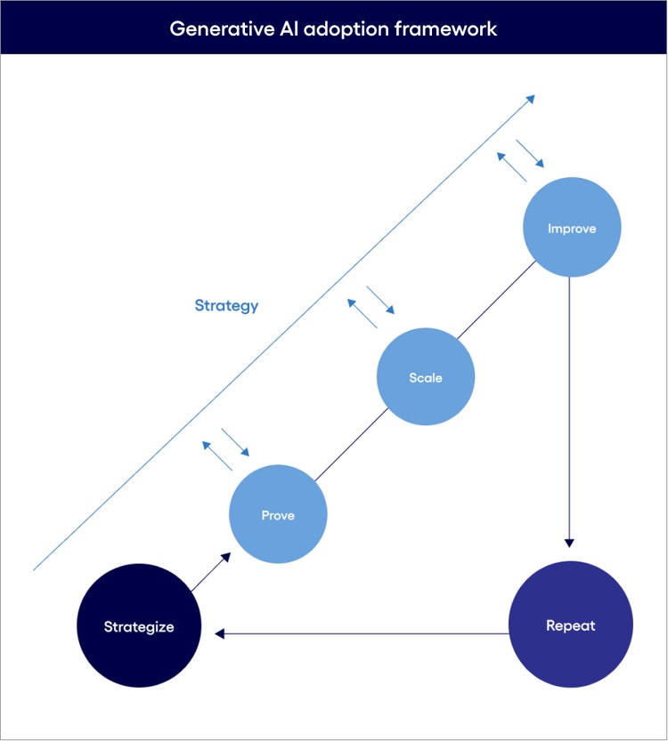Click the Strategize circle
[x=138, y=626]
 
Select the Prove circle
[x=278, y=515]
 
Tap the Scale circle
[x=426, y=377]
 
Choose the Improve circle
[x=571, y=229]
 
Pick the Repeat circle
[x=570, y=625]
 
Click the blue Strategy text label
[x=226, y=306]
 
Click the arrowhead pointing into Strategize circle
[x=219, y=633]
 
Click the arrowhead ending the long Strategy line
[x=530, y=99]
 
